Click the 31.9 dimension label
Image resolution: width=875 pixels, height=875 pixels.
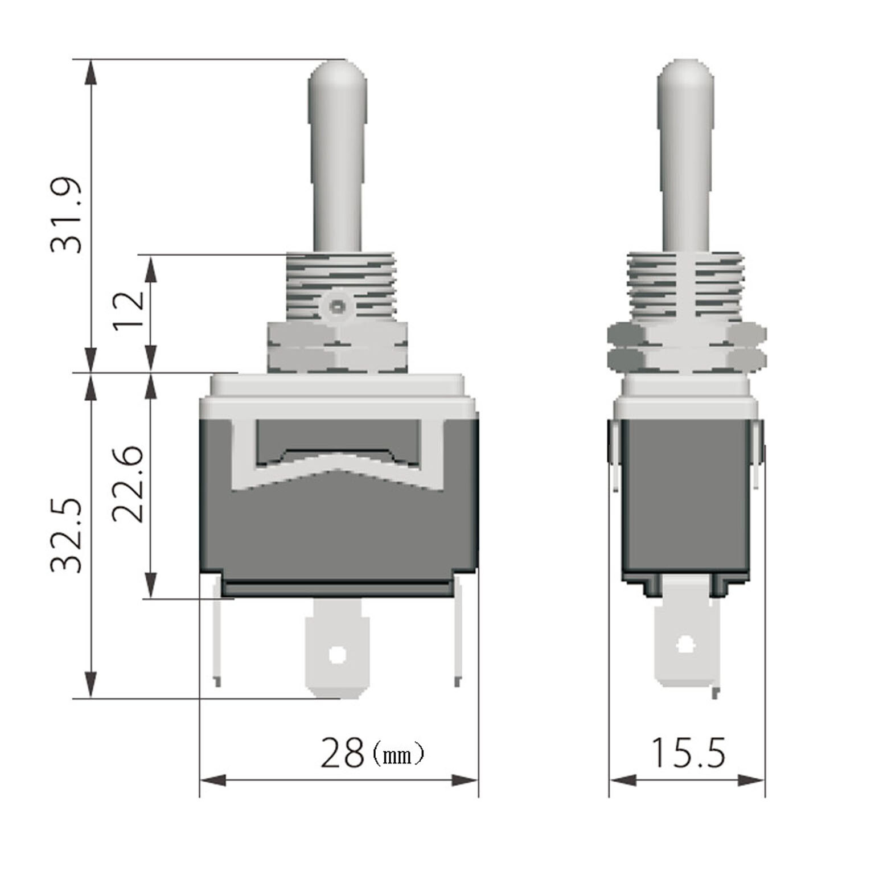[x=67, y=216]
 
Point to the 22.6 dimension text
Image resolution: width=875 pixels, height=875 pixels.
[x=128, y=484]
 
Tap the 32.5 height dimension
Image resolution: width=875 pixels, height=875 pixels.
[x=67, y=536]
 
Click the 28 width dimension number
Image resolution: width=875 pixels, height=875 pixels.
[x=342, y=753]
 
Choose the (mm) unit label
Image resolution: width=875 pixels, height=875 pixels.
[x=398, y=755]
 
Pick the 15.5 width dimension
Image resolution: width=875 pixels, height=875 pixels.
[x=688, y=753]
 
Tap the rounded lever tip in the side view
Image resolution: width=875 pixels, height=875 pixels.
[x=685, y=77]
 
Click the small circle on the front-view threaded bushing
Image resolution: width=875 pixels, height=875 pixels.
[x=337, y=307]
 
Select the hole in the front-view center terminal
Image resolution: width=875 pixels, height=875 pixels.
[x=338, y=655]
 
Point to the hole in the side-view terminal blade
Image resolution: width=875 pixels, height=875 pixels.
[x=686, y=645]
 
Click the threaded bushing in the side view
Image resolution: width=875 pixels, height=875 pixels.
[x=685, y=287]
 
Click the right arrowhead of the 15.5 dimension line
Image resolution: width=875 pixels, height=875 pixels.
[x=751, y=780]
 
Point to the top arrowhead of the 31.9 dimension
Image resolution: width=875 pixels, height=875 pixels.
[x=90, y=72]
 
